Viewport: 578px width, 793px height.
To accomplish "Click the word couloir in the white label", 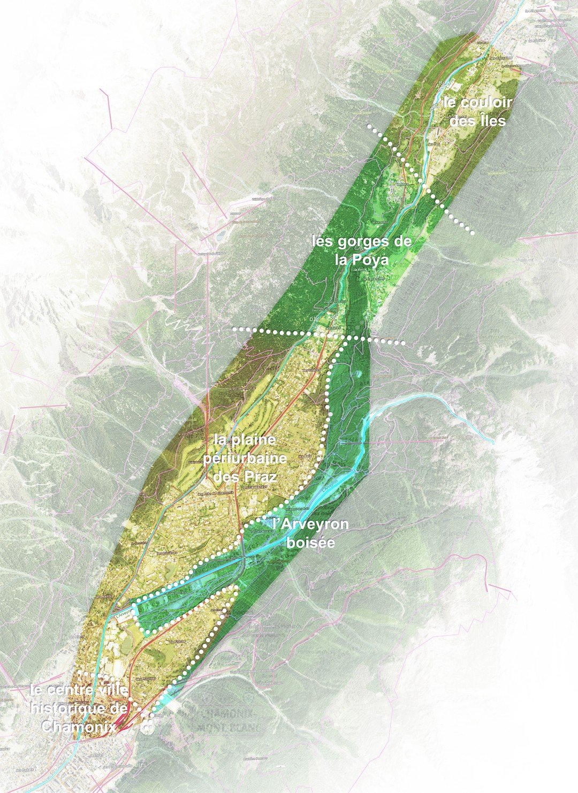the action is [x=478, y=103].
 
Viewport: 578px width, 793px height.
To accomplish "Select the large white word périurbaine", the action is [x=245, y=459].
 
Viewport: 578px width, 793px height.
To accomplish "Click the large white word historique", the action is [x=80, y=708].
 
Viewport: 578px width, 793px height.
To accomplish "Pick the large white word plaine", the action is [x=245, y=441].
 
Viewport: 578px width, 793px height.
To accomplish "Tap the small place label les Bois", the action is [x=304, y=456].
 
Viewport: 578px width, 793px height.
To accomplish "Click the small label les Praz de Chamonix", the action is [x=216, y=493].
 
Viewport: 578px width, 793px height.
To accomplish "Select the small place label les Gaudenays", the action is [x=254, y=487].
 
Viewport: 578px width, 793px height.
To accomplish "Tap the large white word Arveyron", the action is [x=310, y=524].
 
